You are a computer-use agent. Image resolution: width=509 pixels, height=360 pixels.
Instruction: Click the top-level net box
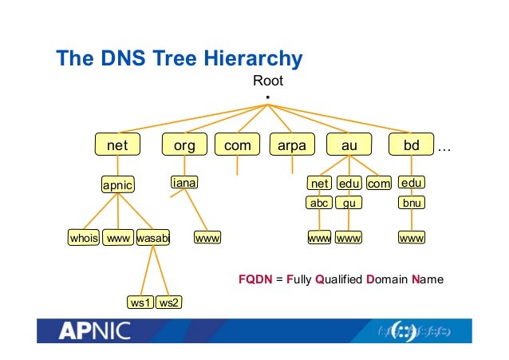(117, 146)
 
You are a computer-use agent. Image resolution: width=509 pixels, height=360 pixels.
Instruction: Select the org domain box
(184, 146)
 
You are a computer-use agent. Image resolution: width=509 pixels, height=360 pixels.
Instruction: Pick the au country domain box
(349, 146)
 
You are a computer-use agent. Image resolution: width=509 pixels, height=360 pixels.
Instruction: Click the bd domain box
(412, 146)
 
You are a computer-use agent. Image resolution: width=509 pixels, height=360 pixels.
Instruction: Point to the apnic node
(117, 185)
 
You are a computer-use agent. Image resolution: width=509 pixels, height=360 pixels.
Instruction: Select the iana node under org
(184, 184)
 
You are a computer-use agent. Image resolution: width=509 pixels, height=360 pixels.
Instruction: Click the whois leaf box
(84, 238)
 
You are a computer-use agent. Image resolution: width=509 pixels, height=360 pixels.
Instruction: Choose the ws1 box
(140, 303)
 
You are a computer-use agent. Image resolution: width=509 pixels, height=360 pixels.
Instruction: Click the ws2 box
(168, 303)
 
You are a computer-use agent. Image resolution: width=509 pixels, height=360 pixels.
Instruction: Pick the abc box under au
(320, 203)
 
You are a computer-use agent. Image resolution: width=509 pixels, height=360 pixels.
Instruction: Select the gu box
(349, 203)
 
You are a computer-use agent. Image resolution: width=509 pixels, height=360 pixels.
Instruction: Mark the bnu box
(412, 203)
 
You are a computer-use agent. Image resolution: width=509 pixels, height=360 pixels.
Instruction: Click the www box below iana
(207, 238)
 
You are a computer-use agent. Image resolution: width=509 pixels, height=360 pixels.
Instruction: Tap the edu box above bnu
(412, 184)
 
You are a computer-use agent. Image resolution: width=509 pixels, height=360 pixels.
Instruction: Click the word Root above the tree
(268, 81)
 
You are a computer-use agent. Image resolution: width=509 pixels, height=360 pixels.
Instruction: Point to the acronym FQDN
(255, 280)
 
